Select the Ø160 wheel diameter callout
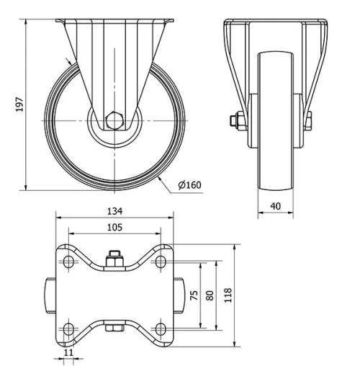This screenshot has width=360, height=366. point(189,185)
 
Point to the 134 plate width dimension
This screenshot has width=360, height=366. point(114,211)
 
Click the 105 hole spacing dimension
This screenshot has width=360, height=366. point(114,228)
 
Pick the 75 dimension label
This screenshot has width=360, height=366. point(194,295)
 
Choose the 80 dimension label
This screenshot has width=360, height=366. point(210,295)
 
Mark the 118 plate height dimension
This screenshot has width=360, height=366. point(228,295)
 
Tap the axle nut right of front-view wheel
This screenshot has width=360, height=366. point(308,120)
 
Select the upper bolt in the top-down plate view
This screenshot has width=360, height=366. point(114,258)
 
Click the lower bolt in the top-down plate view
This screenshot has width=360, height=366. point(114,330)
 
